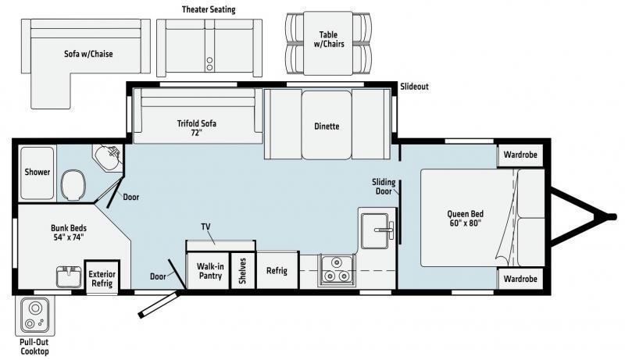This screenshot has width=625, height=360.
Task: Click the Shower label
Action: [37, 172]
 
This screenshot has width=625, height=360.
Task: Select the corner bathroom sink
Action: [109, 157]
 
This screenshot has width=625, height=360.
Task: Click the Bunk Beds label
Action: [69, 233]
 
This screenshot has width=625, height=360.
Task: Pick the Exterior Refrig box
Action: [102, 277]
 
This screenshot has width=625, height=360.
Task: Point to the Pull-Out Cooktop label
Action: [34, 347]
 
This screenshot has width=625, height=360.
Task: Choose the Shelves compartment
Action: [243, 271]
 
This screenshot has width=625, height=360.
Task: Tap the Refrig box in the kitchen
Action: [277, 270]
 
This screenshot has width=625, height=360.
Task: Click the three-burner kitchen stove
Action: [336, 270]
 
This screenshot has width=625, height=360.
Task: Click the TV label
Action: [205, 226]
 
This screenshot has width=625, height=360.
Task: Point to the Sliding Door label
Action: [384, 187]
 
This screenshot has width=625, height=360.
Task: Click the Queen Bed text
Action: [465, 218]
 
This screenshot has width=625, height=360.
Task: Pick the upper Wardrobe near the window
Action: [520, 155]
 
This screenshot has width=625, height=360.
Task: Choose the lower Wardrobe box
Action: [520, 279]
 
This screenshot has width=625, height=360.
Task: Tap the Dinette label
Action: [327, 127]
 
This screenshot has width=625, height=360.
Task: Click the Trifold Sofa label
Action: [197, 128]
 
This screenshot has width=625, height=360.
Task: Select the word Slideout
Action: [415, 87]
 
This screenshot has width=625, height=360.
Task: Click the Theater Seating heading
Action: [209, 9]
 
